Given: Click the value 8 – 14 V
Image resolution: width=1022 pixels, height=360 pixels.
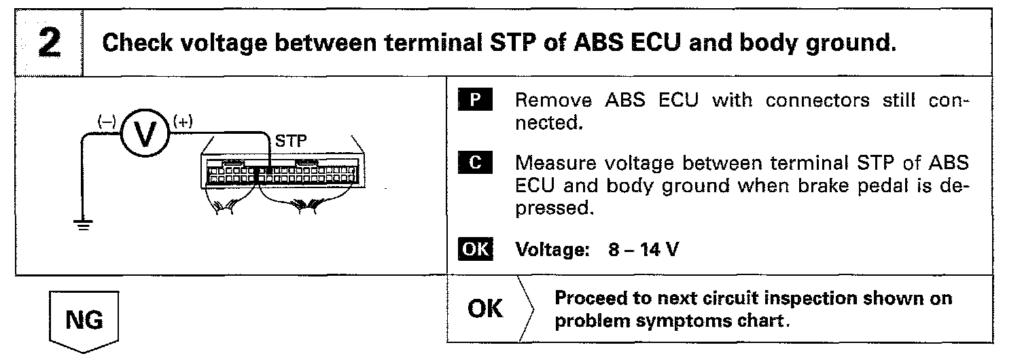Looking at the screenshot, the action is [x=642, y=249].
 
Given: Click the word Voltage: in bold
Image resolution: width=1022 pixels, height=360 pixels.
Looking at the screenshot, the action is [x=550, y=249].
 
